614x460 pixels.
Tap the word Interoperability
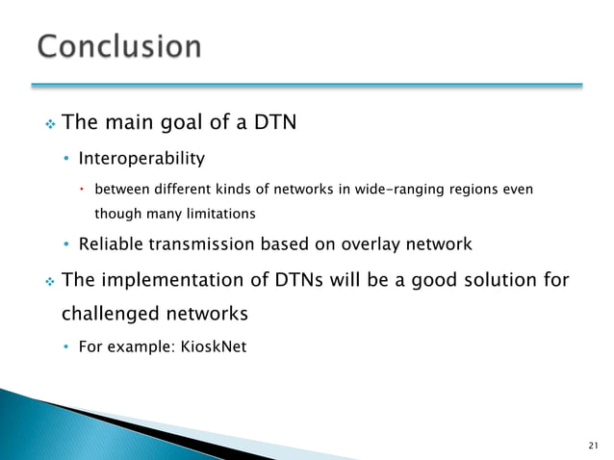point(141,158)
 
